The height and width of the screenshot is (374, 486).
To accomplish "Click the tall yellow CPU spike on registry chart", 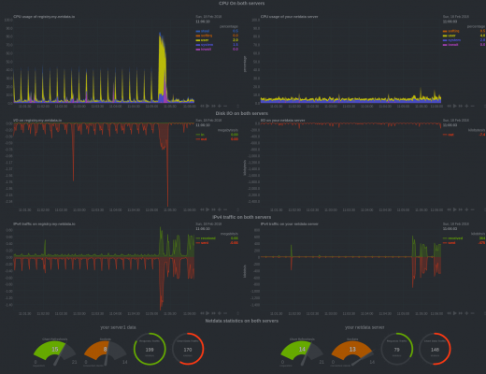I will [162, 56].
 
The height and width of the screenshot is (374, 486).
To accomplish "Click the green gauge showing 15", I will [55, 350].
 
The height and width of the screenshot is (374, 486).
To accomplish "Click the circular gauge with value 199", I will [150, 349].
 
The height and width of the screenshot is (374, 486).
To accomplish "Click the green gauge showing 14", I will [301, 350].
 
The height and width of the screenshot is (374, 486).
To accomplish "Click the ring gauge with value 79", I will [396, 349].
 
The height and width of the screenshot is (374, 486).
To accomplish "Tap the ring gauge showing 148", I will [435, 349].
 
